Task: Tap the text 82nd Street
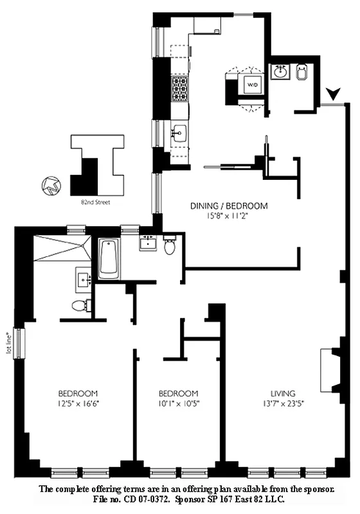click(98, 201)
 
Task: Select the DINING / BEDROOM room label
click(228, 206)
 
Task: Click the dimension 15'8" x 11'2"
click(228, 217)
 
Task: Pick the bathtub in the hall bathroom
click(109, 258)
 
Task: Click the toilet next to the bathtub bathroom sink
click(170, 245)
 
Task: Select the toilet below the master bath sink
click(79, 305)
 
